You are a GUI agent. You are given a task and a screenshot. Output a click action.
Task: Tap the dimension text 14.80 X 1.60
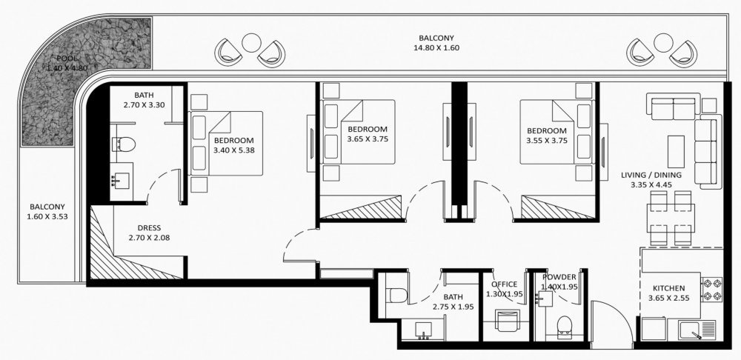coord(436,47)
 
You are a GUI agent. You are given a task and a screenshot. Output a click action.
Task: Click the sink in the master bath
coord(122,179)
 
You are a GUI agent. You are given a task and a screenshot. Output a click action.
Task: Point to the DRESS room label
coord(149,227)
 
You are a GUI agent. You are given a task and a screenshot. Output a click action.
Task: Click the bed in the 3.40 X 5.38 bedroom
coord(226,143)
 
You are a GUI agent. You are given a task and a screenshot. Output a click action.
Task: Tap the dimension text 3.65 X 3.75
coord(368,139)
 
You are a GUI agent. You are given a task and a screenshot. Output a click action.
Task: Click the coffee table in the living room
coord(676,149)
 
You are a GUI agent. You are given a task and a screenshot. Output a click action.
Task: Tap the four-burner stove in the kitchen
coord(711,290)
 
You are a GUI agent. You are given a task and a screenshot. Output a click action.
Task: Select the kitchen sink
coord(697,330)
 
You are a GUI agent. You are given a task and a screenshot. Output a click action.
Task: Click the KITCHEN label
coord(668,288)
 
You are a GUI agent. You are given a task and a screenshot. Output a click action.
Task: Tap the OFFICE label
coord(504,284)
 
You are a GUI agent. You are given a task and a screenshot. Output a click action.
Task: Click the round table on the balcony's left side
coord(251,42)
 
